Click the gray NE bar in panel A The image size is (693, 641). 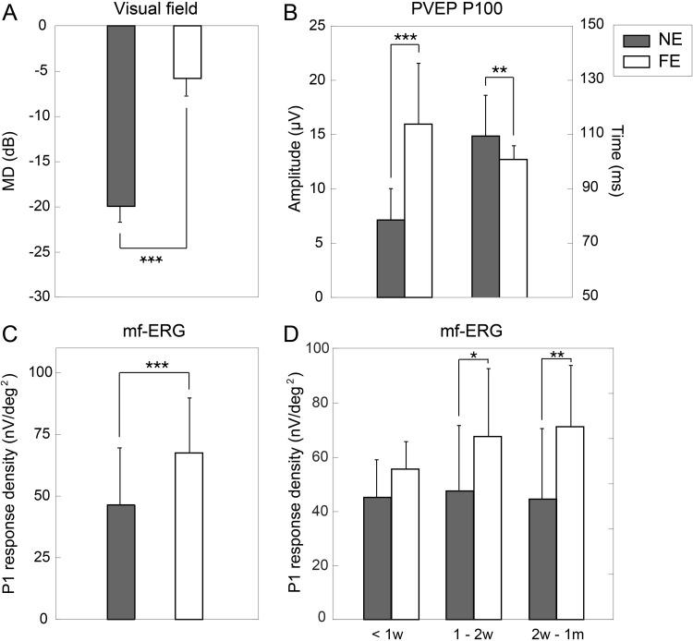click(120, 115)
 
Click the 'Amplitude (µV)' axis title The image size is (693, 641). click(294, 162)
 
